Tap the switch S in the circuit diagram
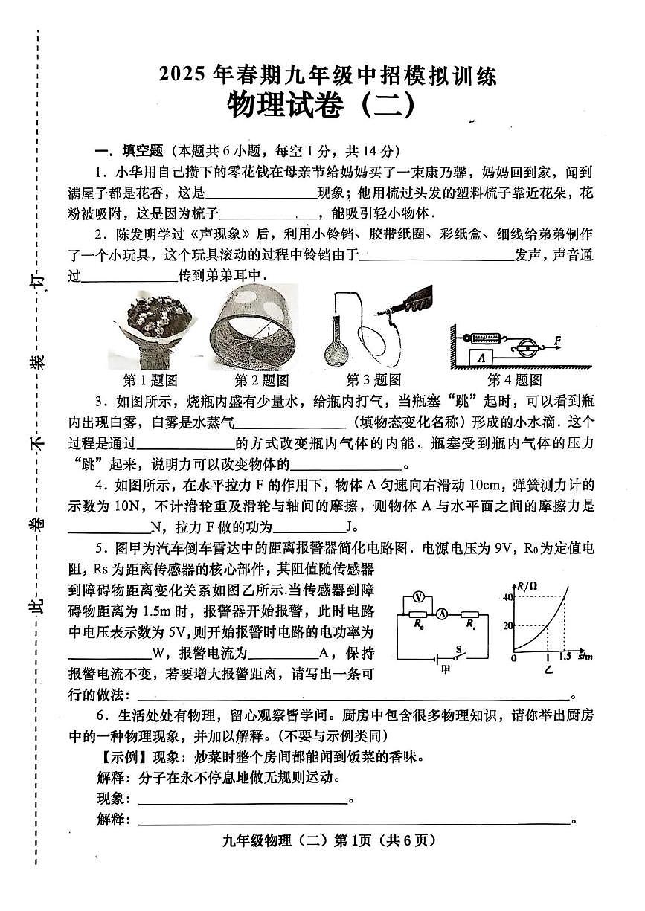pyautogui.click(x=459, y=654)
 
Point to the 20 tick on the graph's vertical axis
pyautogui.click(x=509, y=625)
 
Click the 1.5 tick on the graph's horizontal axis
pyautogui.click(x=566, y=657)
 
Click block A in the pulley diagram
pyautogui.click(x=482, y=357)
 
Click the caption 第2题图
pyautogui.click(x=261, y=380)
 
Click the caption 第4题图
pyautogui.click(x=514, y=380)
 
